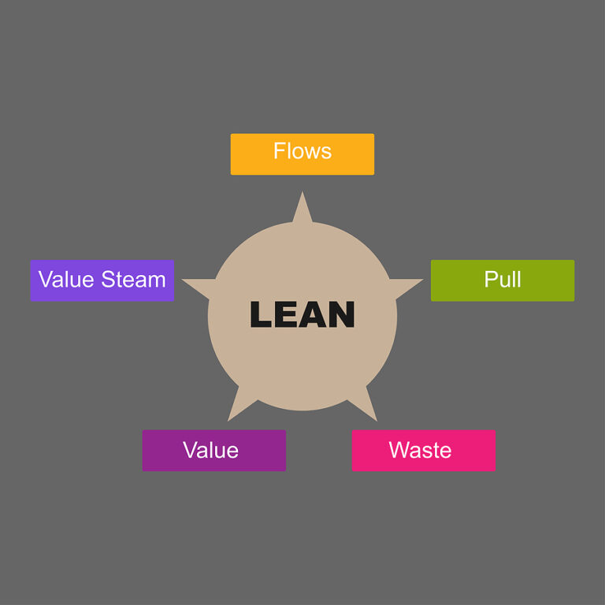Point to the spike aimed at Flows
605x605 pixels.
coord(302,210)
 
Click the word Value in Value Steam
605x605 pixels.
coord(66,280)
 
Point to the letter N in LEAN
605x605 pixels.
coord(340,314)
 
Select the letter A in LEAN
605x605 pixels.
coord(313,314)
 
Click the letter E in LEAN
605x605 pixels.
coord(287,314)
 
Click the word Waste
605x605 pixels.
coord(420,451)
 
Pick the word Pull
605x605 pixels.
coord(503,280)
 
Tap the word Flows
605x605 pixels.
coord(302,150)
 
